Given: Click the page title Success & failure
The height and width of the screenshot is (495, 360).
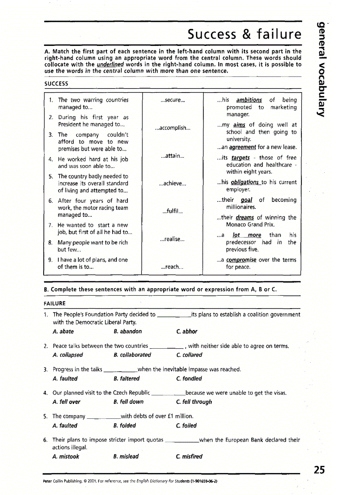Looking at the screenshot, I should (244, 34).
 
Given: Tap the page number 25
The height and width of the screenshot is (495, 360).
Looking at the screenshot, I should (319, 470).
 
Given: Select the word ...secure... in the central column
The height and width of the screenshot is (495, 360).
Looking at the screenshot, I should (172, 100).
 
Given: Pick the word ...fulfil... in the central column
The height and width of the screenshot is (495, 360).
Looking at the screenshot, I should (172, 211).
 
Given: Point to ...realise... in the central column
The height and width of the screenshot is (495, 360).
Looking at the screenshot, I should (172, 239).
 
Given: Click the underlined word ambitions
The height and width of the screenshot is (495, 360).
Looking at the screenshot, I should (249, 100).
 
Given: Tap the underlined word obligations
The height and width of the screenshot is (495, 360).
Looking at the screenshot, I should (245, 182).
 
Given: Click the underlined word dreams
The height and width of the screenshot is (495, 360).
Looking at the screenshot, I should (245, 217).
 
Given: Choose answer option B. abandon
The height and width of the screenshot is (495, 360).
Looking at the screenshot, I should (127, 331).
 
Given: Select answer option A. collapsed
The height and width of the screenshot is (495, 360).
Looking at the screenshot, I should (67, 355).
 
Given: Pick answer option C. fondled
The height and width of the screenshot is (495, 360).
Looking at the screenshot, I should (189, 378).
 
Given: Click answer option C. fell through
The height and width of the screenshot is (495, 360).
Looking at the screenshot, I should (194, 402).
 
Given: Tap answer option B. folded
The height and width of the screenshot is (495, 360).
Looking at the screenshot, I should (124, 425).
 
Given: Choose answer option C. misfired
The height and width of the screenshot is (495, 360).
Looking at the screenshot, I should (189, 456).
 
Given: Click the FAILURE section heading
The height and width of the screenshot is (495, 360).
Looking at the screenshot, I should (55, 303).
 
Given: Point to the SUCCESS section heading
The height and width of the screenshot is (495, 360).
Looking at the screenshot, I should (56, 83).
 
